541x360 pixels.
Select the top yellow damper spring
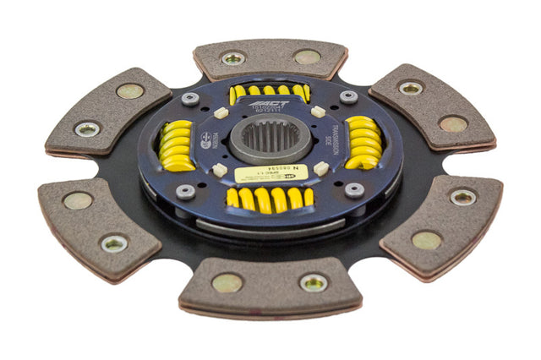[x=268, y=91]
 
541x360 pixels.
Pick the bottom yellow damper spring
[x=268, y=199]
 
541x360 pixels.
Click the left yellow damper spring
[x=178, y=145]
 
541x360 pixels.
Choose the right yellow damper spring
[x=363, y=141]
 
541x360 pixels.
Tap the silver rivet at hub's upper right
[x=347, y=97]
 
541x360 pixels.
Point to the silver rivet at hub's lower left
[x=185, y=191]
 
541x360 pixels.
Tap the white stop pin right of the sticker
[x=320, y=168]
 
